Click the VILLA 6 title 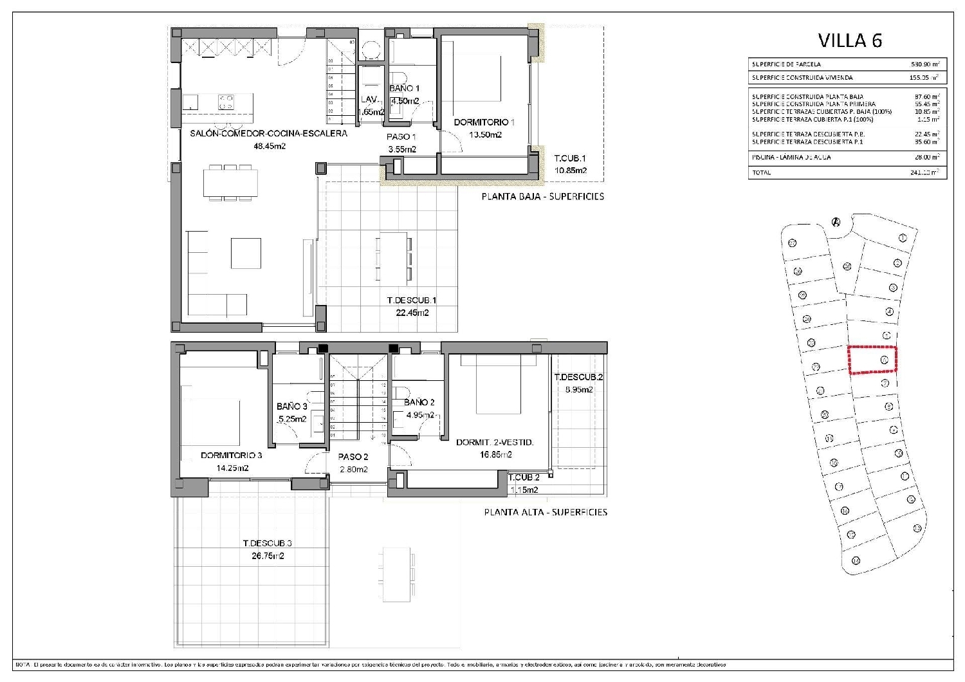coord(849,41)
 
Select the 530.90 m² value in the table coord(925,64)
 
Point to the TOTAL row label coord(761,172)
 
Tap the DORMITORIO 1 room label coord(484,122)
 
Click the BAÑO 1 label coord(404,88)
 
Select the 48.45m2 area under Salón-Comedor coord(270,146)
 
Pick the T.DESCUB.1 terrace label coord(412,300)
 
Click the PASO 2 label coord(353,457)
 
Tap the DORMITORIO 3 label coord(231,456)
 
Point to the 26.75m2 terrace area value coord(267,556)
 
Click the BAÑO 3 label coord(291,407)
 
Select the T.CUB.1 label coord(570,158)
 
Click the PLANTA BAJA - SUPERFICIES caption coord(542,196)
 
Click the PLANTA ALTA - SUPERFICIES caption coord(545,512)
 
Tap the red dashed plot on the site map coord(872,360)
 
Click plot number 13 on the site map coord(917,528)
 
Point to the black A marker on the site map coord(836,223)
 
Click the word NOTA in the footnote coord(23,664)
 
